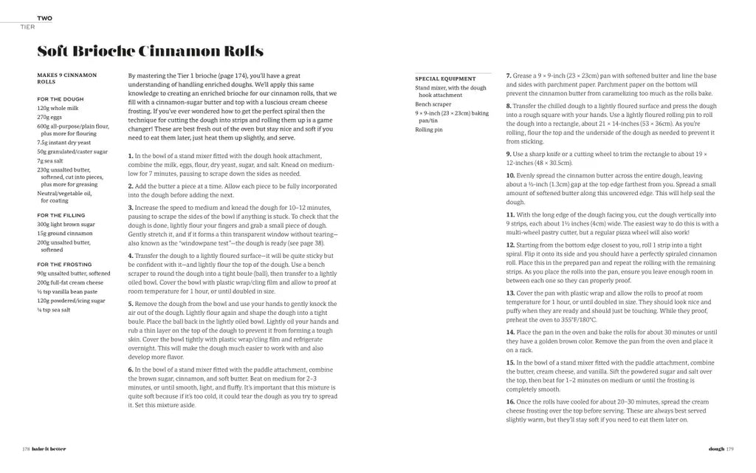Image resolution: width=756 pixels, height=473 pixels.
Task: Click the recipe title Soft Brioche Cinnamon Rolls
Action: pos(150,51)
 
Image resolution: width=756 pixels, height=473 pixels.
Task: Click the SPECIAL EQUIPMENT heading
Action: pos(446,78)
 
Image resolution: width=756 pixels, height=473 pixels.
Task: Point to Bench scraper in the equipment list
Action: pos(434,104)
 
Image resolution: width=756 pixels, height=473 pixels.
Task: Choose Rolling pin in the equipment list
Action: pos(429,129)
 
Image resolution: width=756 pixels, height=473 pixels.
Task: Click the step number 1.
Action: pos(131,156)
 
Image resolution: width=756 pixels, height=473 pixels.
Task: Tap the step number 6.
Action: pos(131,370)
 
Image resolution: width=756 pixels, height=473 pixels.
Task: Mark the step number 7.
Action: pos(509,76)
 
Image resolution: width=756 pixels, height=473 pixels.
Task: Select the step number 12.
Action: pos(510,245)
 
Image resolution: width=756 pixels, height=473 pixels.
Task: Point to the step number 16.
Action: pos(510,401)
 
